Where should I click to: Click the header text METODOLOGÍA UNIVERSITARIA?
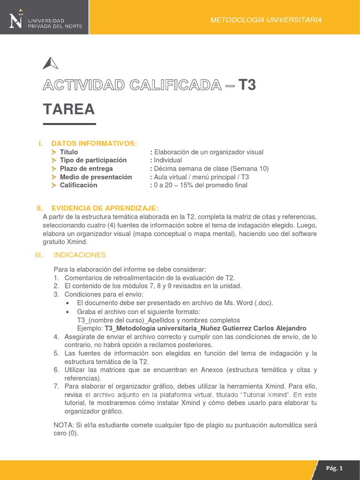click(x=266, y=20)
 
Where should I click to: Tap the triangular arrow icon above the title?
click(x=50, y=63)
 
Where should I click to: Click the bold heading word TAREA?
click(x=69, y=110)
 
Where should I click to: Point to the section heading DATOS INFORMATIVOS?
click(x=94, y=143)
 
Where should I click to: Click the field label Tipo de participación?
click(x=93, y=160)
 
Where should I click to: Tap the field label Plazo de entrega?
click(x=86, y=168)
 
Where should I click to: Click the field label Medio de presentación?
click(x=96, y=177)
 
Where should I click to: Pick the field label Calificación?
click(x=79, y=185)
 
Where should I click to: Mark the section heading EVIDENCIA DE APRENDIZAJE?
click(x=105, y=208)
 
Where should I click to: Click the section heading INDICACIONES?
click(x=80, y=255)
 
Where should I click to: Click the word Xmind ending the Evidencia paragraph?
click(x=77, y=242)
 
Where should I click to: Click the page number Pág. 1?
click(x=335, y=468)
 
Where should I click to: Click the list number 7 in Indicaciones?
click(x=56, y=386)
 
